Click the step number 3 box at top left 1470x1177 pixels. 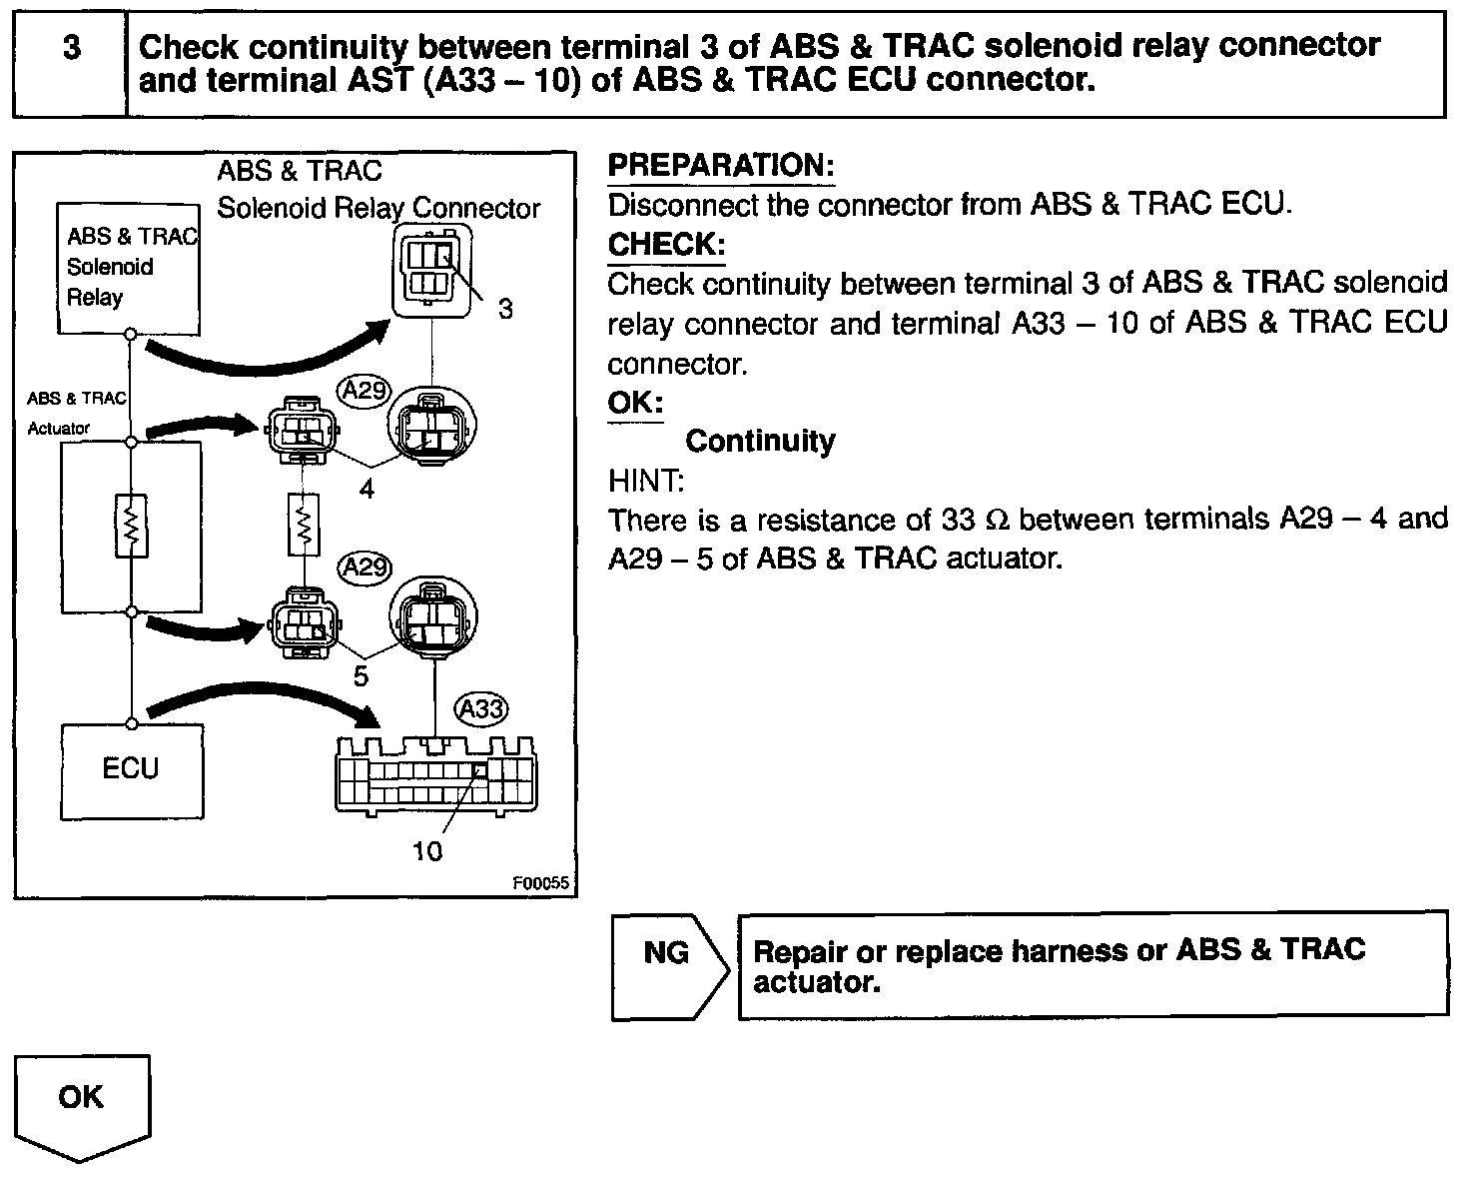pyautogui.click(x=71, y=64)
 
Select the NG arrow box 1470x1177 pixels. pyautogui.click(x=667, y=966)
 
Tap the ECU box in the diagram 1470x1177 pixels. pyautogui.click(x=132, y=770)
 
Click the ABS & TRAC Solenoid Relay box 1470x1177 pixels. pyautogui.click(x=128, y=268)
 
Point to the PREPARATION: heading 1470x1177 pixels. pyautogui.click(x=721, y=166)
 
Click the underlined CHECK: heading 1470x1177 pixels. pyautogui.click(x=666, y=245)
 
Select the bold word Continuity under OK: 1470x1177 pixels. pyautogui.click(x=760, y=441)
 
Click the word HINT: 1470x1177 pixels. pyautogui.click(x=646, y=481)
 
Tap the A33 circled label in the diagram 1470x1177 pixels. pyautogui.click(x=481, y=709)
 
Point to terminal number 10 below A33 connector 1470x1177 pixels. pyautogui.click(x=427, y=851)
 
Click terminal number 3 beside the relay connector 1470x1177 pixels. pyautogui.click(x=505, y=309)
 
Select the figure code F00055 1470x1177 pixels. pyautogui.click(x=540, y=883)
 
